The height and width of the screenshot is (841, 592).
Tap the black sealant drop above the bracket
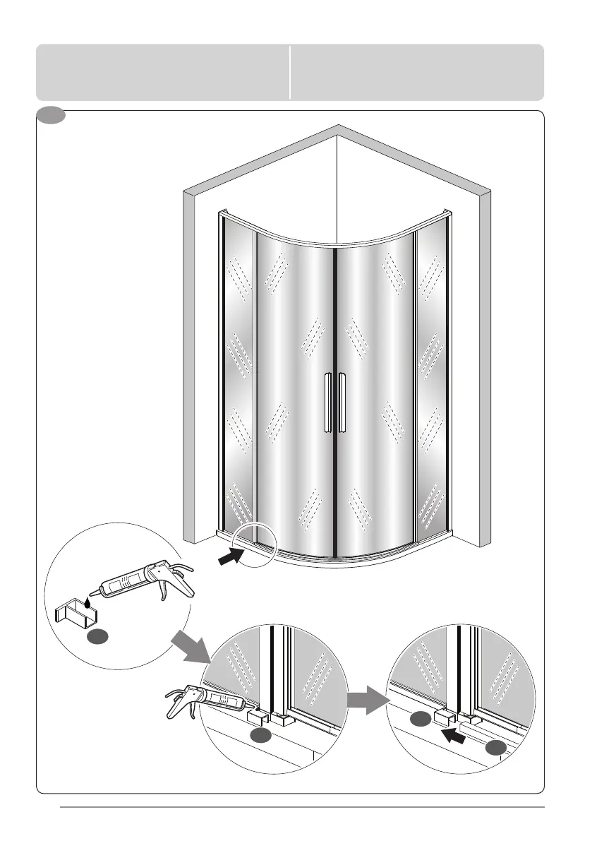tap(87, 602)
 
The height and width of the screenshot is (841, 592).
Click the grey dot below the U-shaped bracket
tap(98, 637)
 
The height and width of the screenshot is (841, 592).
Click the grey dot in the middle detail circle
tap(260, 736)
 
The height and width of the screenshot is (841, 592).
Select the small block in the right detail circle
tap(443, 718)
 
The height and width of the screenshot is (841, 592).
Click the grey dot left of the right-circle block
tap(420, 720)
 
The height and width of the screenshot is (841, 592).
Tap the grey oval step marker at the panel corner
tap(51, 116)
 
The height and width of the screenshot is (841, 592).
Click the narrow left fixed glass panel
tap(238, 381)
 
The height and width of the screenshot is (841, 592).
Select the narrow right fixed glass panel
tap(431, 381)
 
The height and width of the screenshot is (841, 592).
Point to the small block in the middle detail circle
tap(256, 716)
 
